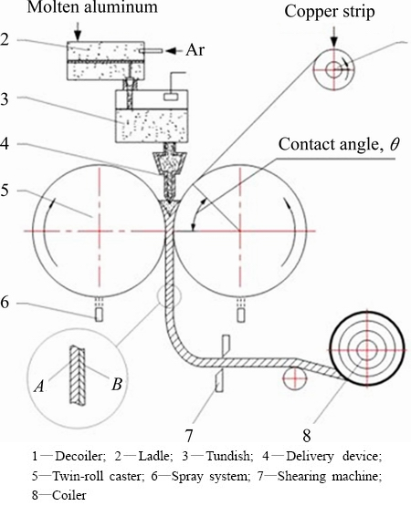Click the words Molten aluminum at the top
[92, 7]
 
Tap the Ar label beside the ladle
[195, 50]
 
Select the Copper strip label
[330, 12]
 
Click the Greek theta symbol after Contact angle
[395, 145]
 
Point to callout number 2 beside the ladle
[5, 39]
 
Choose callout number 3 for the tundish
[4, 99]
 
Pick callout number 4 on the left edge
[5, 144]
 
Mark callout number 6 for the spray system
[5, 304]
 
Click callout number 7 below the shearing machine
[189, 435]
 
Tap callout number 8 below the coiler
[307, 436]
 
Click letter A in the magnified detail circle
[39, 386]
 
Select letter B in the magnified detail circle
[117, 384]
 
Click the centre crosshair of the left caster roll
[100, 231]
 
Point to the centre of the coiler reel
[367, 349]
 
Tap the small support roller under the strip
[294, 378]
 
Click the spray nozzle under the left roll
[99, 315]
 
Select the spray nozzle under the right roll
[240, 315]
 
